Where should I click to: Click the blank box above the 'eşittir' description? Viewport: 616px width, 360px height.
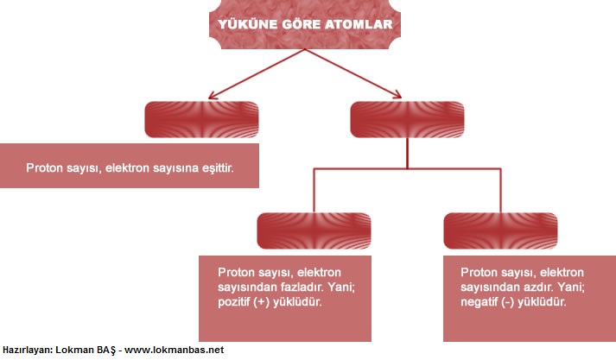pos(201,119)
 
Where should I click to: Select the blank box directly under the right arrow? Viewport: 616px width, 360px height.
pos(407,119)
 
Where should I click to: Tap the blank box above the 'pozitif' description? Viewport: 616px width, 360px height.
pos(314,231)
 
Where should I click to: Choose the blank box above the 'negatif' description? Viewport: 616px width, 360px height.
pos(500,231)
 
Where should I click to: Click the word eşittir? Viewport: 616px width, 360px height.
pos(218,168)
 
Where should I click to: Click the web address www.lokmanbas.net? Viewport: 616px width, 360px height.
pos(174,350)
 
